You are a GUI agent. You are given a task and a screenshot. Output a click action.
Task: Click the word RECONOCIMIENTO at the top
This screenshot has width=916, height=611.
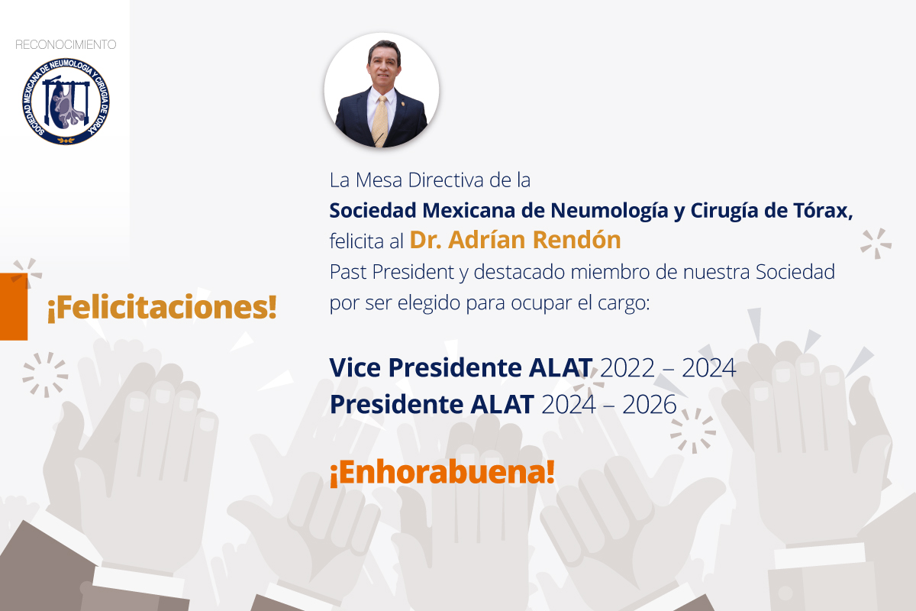66,44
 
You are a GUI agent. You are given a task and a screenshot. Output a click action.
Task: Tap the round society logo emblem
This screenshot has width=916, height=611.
66,101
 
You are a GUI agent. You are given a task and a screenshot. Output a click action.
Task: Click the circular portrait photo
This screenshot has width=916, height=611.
382,90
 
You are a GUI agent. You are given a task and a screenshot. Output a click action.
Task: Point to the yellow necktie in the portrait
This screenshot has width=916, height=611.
381,121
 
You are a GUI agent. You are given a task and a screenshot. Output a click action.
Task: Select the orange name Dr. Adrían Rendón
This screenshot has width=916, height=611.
515,240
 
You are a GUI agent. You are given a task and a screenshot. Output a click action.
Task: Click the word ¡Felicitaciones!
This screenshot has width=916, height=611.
163,307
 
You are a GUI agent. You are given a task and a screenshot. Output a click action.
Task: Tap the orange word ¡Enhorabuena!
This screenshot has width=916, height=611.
442,473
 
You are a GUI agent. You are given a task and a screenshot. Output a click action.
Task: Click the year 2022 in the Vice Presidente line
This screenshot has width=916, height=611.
627,367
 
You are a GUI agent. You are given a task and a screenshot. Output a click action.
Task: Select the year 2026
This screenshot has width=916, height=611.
650,404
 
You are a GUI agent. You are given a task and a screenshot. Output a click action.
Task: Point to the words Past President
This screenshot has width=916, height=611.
392,272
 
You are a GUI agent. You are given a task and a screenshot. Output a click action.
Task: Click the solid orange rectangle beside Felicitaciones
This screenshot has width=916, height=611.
14,306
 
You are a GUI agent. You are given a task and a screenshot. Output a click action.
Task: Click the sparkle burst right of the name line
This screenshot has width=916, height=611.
876,244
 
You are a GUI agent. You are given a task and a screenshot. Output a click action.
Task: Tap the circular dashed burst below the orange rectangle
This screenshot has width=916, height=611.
45,375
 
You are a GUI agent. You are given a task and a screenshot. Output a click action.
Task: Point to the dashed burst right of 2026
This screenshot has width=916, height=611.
693,431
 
